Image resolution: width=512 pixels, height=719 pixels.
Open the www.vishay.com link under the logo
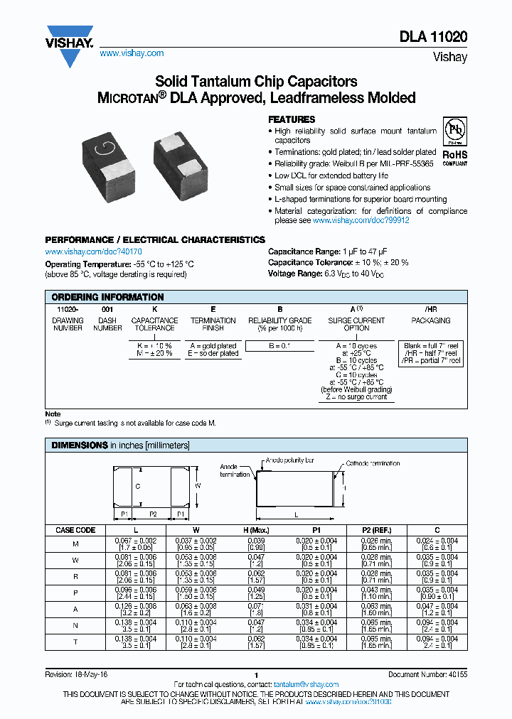[132, 53]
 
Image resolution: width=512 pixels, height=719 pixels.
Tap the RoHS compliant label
[454, 156]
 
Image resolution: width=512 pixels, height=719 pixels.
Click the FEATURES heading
[291, 120]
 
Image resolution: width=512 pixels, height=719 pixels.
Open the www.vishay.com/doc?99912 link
[361, 221]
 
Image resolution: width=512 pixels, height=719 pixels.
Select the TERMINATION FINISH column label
[213, 324]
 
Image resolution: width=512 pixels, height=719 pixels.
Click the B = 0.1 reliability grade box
[280, 345]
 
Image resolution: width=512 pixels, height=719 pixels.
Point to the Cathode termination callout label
[373, 463]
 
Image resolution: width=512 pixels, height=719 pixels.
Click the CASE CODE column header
[75, 530]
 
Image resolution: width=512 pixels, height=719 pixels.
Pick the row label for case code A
[75, 610]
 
